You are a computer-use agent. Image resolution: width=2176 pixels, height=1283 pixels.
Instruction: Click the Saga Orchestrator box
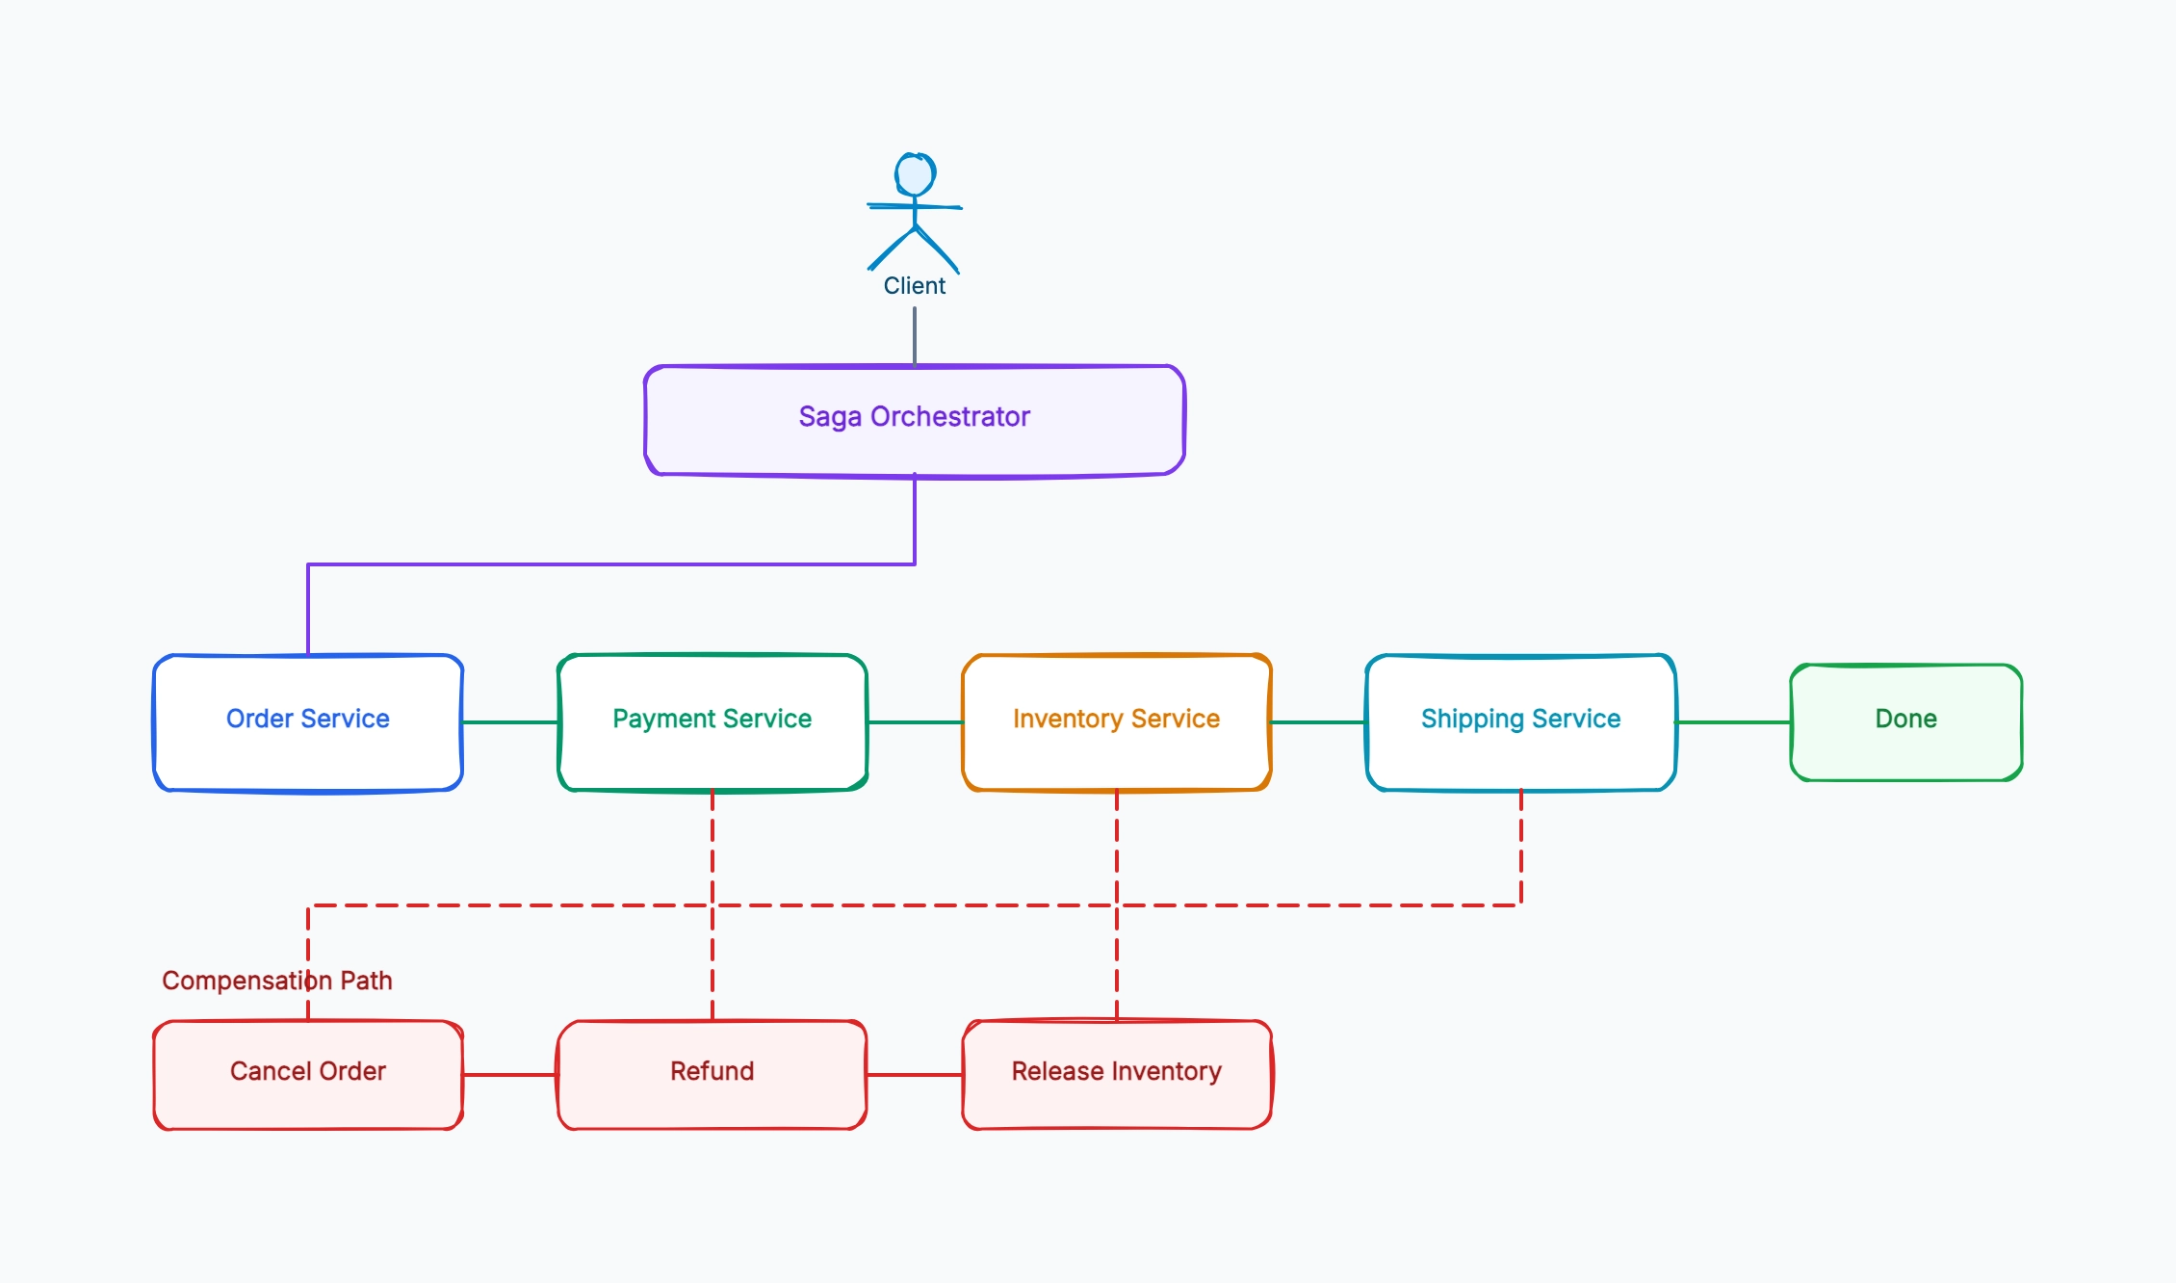pos(915,421)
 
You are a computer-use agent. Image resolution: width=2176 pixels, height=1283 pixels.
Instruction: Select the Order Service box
pos(308,722)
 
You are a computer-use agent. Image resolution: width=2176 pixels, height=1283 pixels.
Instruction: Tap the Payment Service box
pos(712,722)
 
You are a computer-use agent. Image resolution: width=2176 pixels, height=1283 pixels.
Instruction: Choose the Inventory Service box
pos(1117,722)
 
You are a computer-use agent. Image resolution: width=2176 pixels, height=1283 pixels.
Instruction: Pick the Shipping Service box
pos(1521,722)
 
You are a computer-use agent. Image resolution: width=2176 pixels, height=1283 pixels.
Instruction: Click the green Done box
pos(1906,722)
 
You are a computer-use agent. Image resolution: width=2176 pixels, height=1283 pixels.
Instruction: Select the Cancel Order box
pos(308,1075)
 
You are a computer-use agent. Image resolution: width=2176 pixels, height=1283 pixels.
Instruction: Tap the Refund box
pos(712,1075)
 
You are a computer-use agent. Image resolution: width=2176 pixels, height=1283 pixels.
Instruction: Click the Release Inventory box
pos(1117,1075)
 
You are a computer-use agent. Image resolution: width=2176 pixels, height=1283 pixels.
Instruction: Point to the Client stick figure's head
pos(915,174)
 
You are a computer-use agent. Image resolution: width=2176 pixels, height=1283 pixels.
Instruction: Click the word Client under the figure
pos(915,286)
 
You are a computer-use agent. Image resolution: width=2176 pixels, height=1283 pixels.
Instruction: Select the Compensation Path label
pos(277,981)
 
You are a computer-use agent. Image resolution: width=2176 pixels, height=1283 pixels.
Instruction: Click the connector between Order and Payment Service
pos(510,722)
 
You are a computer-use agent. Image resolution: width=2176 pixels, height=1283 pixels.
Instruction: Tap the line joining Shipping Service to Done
pos(1733,722)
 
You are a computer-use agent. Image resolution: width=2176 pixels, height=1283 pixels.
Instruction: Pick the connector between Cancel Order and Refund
pos(510,1075)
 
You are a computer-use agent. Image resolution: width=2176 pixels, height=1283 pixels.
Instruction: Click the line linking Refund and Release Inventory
pos(915,1075)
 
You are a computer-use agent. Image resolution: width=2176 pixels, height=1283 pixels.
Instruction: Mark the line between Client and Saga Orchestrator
pos(915,336)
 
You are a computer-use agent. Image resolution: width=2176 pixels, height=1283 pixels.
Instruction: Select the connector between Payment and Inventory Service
pos(915,722)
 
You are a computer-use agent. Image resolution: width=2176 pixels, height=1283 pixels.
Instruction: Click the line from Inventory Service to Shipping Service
pos(1319,722)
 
